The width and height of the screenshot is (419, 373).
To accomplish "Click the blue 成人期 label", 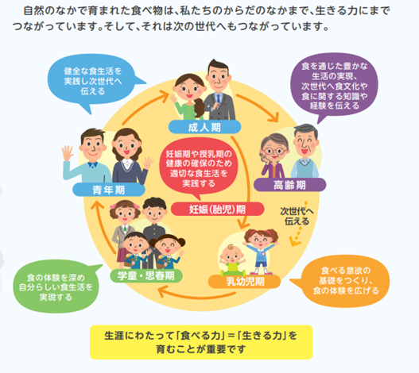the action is [x=204, y=127].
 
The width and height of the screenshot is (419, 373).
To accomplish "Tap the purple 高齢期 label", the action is [x=289, y=185].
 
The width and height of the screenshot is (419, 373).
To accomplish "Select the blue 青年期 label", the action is [x=109, y=190].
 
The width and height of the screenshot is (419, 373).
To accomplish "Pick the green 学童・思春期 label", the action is [x=146, y=275].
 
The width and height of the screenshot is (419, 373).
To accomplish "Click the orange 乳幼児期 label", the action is [x=244, y=282].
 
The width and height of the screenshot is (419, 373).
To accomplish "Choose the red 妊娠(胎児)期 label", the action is [x=217, y=210].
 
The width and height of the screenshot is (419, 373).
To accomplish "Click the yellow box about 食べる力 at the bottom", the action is [x=201, y=342].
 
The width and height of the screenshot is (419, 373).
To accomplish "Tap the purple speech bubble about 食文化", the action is [x=334, y=86].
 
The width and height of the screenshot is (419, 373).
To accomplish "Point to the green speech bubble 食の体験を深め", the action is [x=56, y=286].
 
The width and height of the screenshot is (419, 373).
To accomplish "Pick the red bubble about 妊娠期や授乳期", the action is [x=198, y=168].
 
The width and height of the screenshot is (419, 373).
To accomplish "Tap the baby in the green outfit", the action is [x=232, y=260].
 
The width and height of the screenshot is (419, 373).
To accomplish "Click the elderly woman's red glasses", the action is [x=274, y=152].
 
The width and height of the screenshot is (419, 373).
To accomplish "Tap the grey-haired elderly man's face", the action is [x=305, y=144].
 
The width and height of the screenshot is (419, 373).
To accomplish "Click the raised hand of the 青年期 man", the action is [x=67, y=153].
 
